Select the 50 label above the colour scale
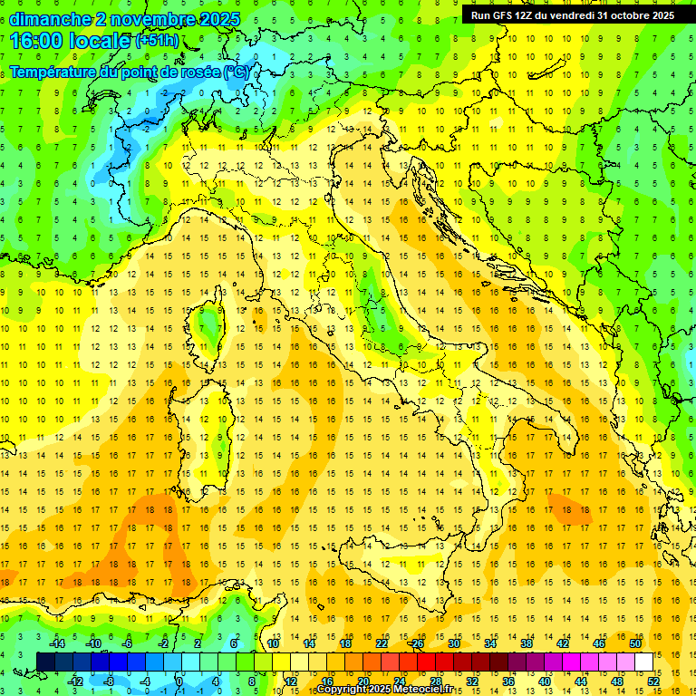634,643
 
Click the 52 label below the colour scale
653,681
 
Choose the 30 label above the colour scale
453,643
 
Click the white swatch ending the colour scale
643,662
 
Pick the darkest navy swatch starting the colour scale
45,662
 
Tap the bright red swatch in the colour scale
426,662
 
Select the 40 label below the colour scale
545,681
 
